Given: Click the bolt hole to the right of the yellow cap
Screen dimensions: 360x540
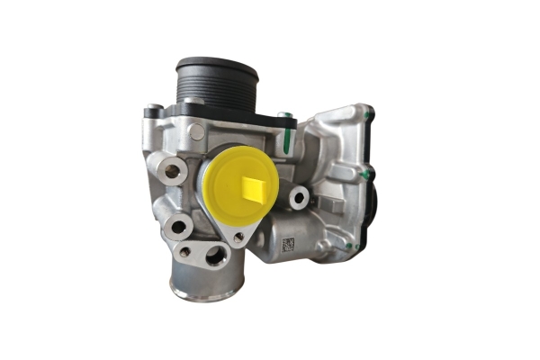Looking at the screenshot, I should click(297, 197).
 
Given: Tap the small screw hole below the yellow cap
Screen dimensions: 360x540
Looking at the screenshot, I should click(238, 237).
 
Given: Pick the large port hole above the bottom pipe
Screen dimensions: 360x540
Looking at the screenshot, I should click(215, 256).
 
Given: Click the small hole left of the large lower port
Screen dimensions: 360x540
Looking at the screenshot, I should click(184, 252).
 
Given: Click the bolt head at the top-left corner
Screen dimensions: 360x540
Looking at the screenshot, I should click(154, 111).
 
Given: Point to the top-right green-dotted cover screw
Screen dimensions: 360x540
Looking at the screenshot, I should click(368, 114).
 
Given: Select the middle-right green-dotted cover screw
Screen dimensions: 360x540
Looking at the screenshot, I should click(368, 174).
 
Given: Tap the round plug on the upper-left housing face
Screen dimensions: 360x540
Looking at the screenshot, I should click(196, 132).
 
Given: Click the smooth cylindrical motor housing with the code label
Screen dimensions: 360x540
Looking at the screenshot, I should click(292, 236).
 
